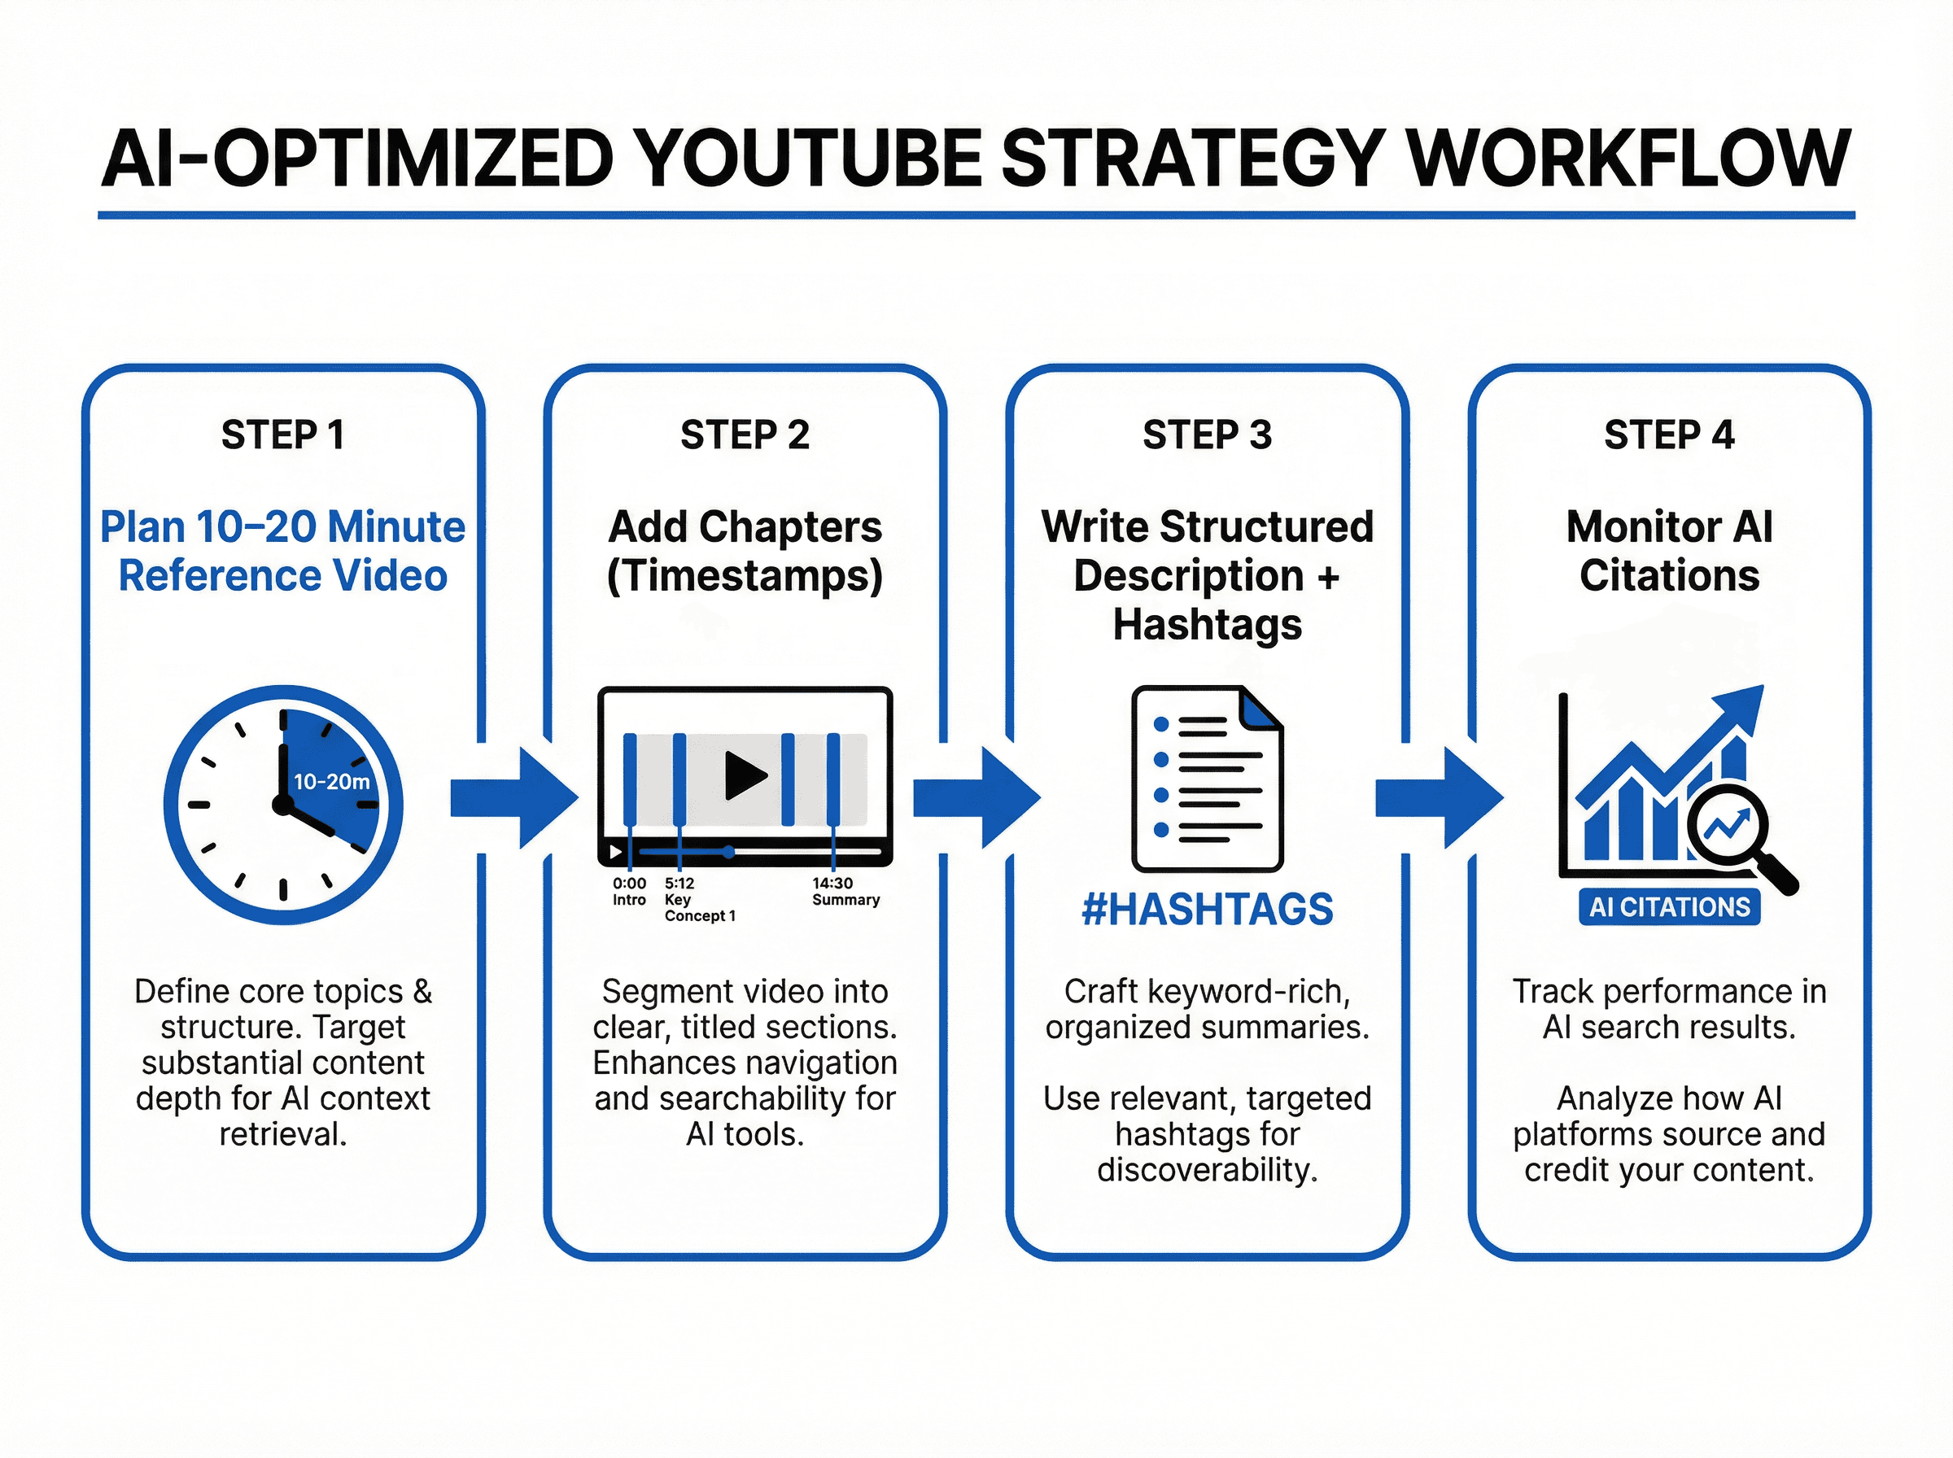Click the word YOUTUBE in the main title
click(807, 159)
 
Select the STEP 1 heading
click(282, 434)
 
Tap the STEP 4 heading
click(1669, 434)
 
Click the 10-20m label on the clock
click(331, 781)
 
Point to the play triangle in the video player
click(745, 775)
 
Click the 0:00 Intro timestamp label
click(629, 892)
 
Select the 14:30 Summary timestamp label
click(845, 892)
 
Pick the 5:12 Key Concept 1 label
click(698, 899)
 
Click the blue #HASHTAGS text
click(1207, 909)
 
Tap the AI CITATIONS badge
click(1669, 906)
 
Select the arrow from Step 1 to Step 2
click(513, 798)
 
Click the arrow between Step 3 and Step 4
click(1438, 798)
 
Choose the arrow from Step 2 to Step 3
click(975, 798)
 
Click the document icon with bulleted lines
click(1207, 778)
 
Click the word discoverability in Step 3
click(1207, 1169)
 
